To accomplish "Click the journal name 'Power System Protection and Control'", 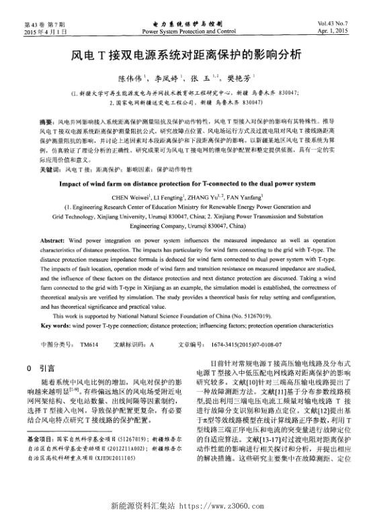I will click(x=189, y=31).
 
